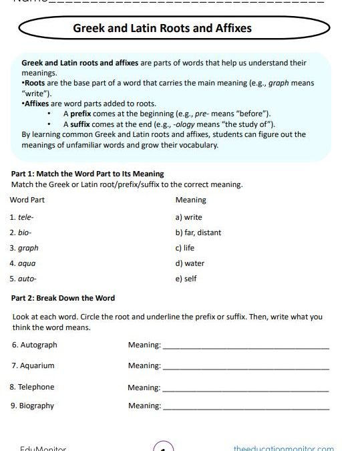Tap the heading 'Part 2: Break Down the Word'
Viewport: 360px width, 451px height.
pos(63,298)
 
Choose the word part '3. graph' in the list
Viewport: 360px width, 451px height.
pos(24,248)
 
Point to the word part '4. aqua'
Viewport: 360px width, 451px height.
pos(23,263)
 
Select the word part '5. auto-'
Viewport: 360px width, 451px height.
pos(23,279)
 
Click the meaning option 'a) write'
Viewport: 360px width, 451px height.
pos(188,217)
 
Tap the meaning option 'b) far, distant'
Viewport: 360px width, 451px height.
pos(198,233)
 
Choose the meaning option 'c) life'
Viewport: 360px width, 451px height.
pos(185,248)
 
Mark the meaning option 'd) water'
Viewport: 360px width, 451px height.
pos(190,263)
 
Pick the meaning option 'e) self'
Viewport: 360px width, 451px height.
pos(186,279)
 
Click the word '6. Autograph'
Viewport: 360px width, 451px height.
pos(34,345)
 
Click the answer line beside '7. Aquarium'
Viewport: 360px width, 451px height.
pos(246,368)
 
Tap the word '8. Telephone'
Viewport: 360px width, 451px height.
pos(32,387)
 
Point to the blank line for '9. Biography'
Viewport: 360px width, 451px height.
pos(246,408)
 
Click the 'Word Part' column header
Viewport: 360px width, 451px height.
pos(27,200)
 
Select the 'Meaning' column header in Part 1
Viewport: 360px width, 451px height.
pos(190,200)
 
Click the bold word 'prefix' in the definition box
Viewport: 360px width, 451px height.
pos(80,115)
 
